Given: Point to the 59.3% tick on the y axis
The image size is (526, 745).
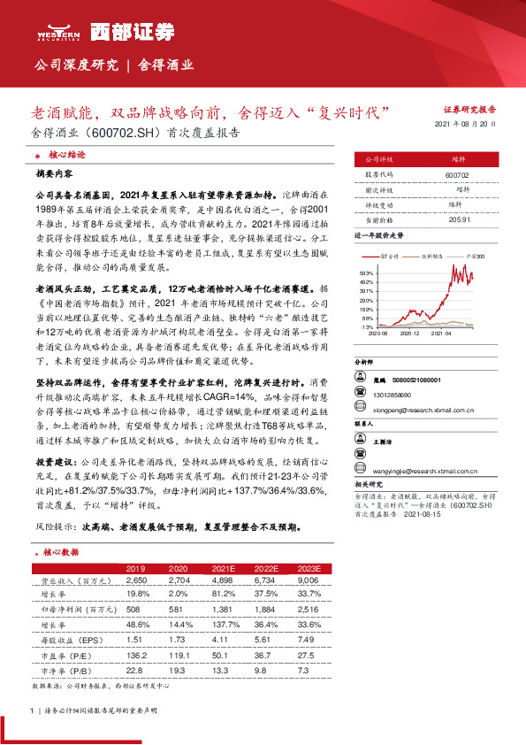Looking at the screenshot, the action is click(x=367, y=273).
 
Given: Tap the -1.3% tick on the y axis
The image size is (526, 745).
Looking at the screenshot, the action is click(x=367, y=326).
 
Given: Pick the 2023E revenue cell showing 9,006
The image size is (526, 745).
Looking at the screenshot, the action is click(x=308, y=580).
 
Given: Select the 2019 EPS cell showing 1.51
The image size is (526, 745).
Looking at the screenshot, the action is click(x=134, y=637).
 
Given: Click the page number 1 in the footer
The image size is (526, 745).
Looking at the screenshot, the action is click(x=32, y=710).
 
